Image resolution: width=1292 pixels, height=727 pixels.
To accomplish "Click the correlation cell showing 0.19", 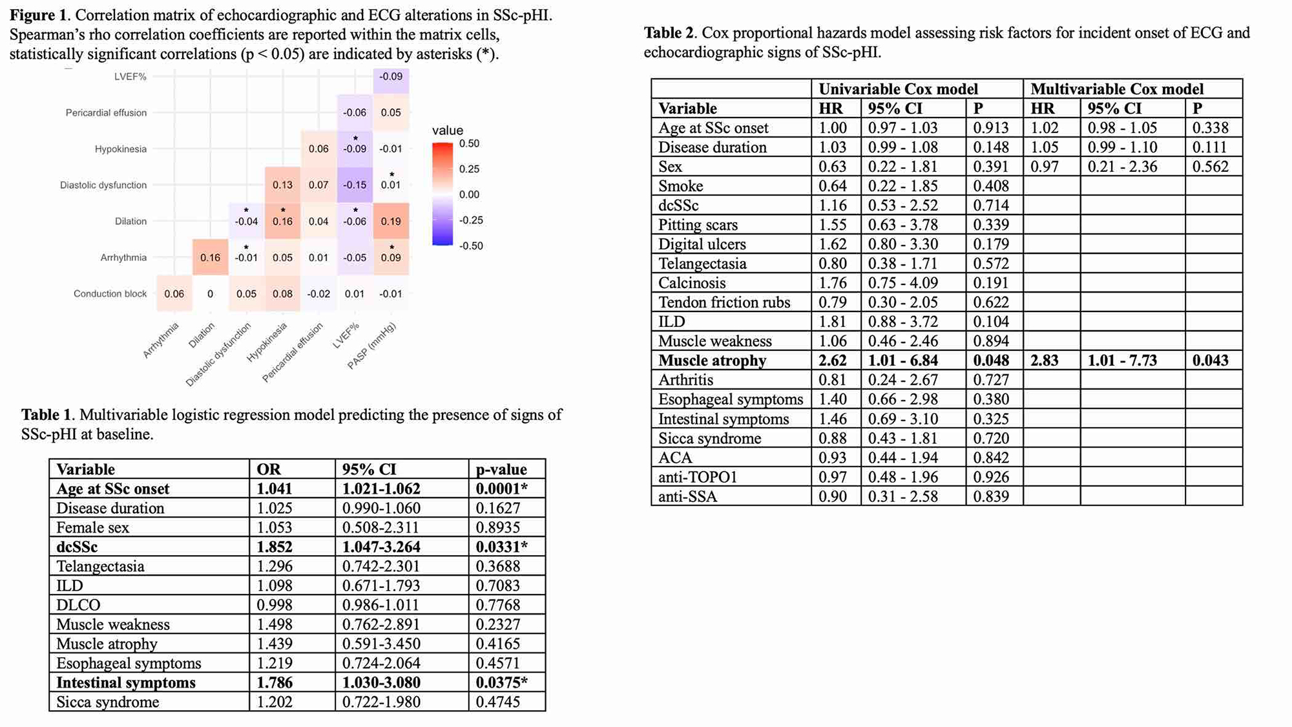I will pos(391,221).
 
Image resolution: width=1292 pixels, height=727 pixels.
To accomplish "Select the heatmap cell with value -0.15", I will pos(355,185).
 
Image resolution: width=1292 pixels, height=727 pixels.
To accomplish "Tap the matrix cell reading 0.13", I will pos(282,185).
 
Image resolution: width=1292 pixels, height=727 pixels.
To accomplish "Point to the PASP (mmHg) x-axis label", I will pos(371,346).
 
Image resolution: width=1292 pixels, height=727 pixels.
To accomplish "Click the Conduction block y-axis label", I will pos(110,293).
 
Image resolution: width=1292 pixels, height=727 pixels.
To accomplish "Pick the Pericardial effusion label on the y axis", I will pos(106,112).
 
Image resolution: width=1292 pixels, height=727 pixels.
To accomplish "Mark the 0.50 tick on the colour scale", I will pos(469,143).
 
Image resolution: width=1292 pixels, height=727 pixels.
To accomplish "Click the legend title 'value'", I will pos(448,130).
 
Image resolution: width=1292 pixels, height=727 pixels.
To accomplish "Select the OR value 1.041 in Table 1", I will pos(275,489).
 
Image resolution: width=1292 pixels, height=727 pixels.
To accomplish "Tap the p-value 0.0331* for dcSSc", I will pos(501,547).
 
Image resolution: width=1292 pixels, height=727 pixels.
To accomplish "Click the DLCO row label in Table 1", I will pos(78,606).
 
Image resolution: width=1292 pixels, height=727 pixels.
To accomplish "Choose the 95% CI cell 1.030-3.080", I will pos(381,683).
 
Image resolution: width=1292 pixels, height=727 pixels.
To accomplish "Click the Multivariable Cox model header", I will pos(1117,89).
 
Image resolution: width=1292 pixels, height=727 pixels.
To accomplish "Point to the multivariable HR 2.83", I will pos(1045,361).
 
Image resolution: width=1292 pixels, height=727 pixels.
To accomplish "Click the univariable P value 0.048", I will pos(991,361).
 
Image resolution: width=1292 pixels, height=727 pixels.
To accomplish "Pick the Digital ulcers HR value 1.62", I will pos(833,244).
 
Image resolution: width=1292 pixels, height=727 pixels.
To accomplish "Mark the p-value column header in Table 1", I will pos(501,470).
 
